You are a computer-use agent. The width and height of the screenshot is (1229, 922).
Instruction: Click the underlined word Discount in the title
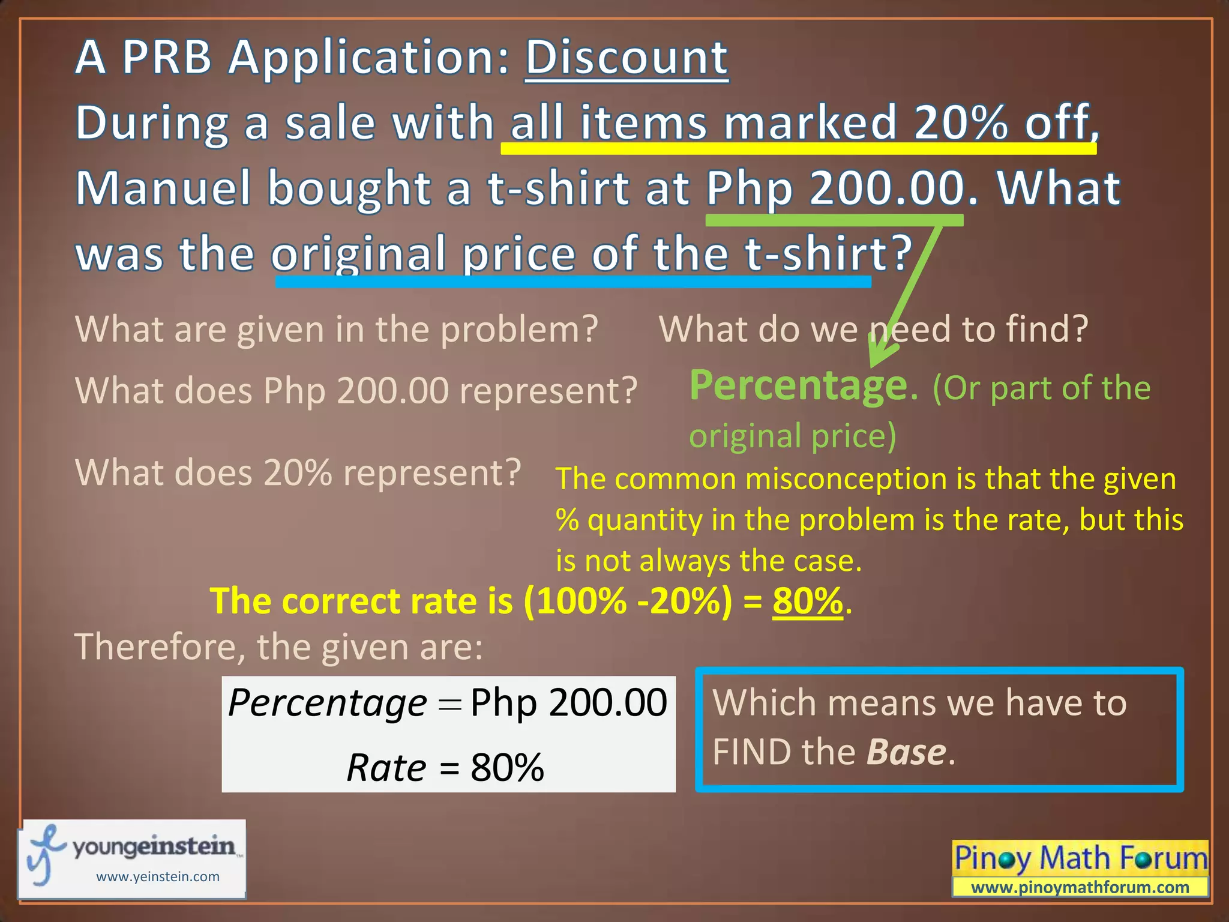click(x=627, y=58)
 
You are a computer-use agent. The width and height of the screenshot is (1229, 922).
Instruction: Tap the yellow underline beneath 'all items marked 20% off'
click(x=798, y=148)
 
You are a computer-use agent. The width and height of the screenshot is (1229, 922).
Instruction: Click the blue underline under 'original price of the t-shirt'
click(x=573, y=282)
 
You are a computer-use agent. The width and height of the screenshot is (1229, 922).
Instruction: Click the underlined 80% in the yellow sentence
click(x=808, y=601)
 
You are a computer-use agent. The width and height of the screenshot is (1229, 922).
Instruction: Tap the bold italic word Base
click(x=906, y=752)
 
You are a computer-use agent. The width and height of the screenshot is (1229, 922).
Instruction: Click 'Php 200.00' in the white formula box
click(x=568, y=702)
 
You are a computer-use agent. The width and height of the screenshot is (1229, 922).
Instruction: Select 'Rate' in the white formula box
click(x=386, y=767)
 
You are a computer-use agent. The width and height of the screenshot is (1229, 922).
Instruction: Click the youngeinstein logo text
click(x=154, y=846)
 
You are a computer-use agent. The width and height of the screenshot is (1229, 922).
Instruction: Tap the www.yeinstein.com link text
click(x=158, y=876)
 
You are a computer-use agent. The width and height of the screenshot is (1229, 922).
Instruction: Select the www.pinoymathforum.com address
click(x=1080, y=887)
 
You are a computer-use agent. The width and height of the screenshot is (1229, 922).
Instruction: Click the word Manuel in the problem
click(x=163, y=188)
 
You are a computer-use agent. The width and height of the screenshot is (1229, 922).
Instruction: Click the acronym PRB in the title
click(x=167, y=58)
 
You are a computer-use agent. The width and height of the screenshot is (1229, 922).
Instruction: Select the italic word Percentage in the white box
click(x=328, y=702)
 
